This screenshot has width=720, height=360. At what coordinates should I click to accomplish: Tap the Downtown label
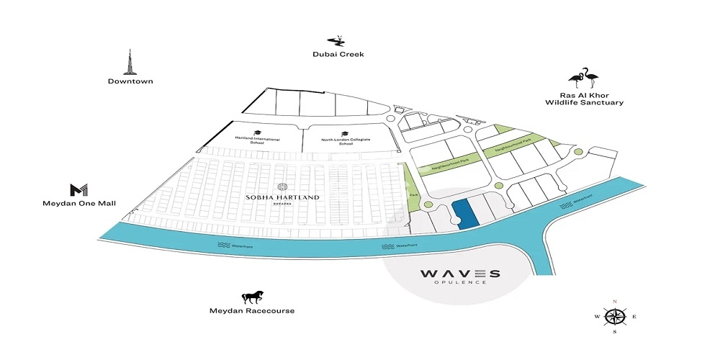[130, 81]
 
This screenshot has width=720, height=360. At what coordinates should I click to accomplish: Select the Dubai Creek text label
[338, 54]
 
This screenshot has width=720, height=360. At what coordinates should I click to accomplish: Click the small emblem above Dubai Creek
[336, 40]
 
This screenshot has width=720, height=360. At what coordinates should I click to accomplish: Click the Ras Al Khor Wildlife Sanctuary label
[583, 99]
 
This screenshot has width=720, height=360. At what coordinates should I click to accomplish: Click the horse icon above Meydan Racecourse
[251, 296]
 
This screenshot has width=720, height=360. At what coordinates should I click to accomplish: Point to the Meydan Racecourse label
[251, 311]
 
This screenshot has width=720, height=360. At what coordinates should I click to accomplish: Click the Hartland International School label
[257, 140]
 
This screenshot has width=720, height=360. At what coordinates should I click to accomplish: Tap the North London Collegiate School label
[346, 141]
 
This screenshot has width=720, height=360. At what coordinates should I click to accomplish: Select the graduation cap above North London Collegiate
[345, 132]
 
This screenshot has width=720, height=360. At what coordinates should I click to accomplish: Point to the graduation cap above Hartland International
[256, 132]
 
